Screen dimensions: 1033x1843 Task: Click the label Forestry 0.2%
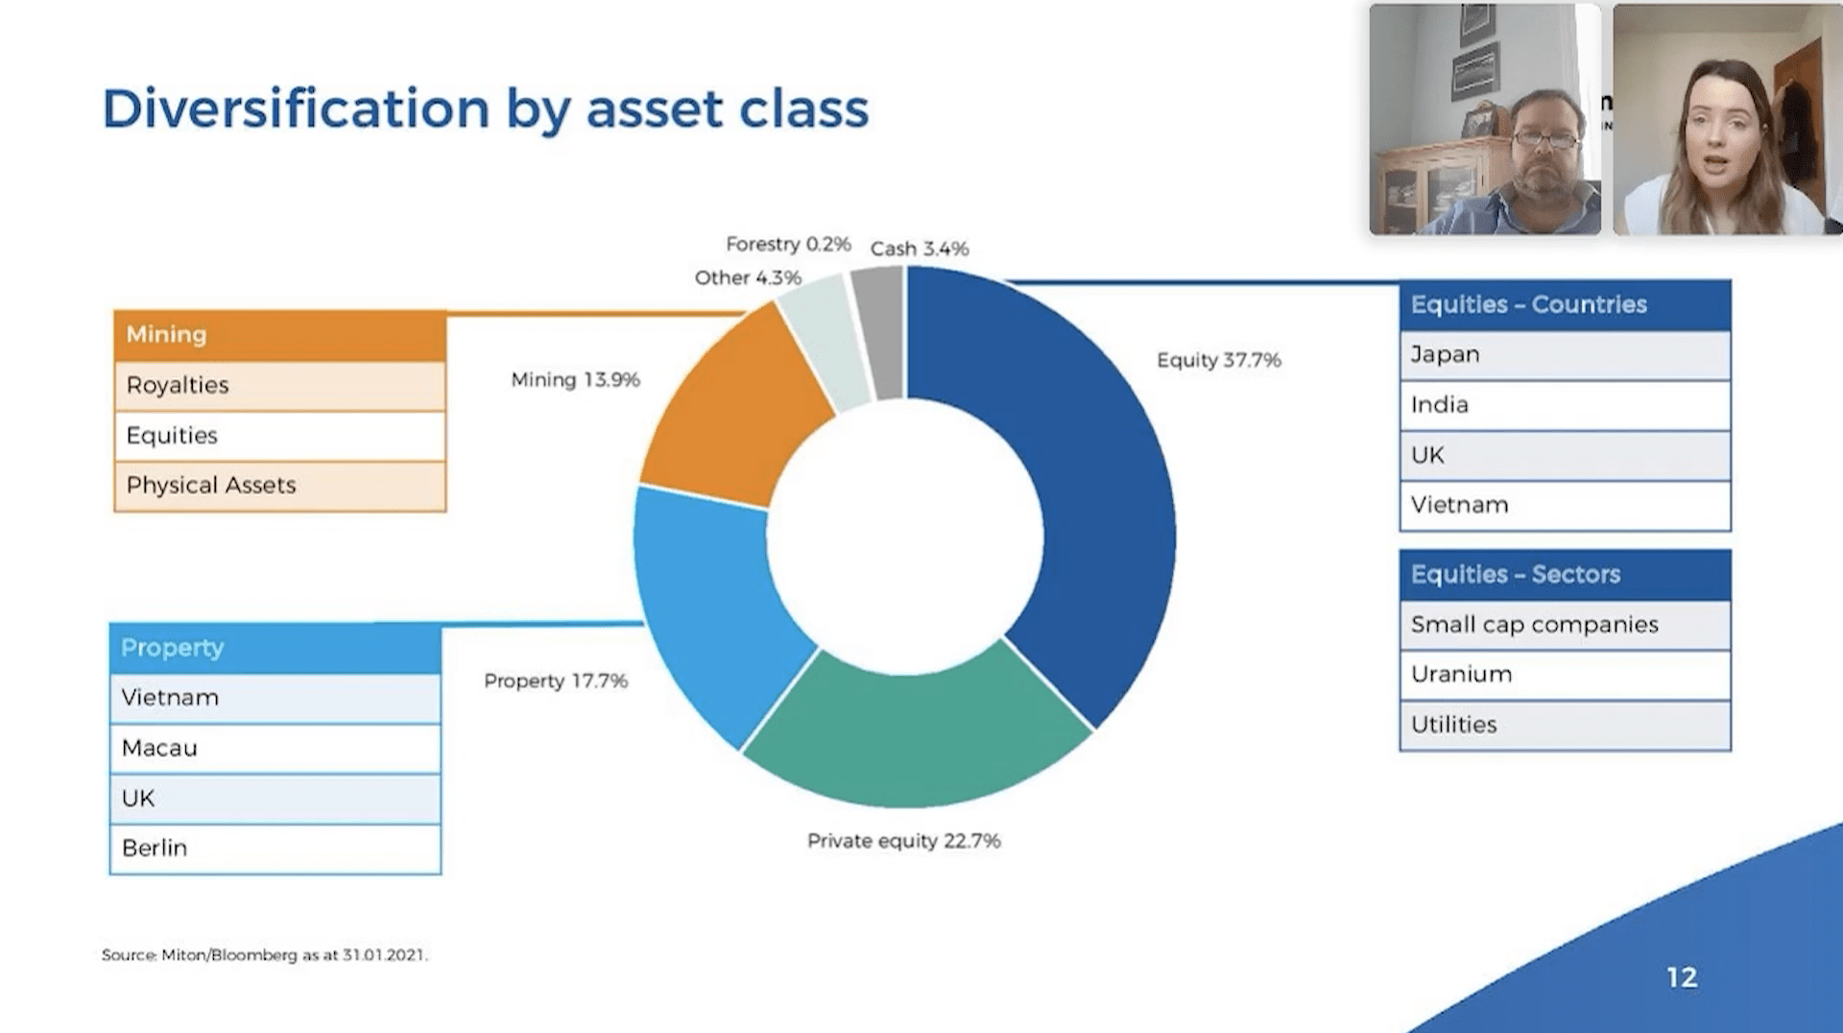788,244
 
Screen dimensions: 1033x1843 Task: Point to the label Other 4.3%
748,277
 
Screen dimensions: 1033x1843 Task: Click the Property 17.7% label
556,681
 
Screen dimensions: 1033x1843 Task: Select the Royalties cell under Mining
279,385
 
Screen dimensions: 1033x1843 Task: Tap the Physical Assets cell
279,486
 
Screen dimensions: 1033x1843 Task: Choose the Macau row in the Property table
275,748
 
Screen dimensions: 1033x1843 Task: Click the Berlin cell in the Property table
275,849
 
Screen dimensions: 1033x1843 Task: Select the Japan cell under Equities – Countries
1565,354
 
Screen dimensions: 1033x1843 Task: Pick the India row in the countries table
1565,405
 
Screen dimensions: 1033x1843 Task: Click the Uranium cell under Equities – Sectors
1565,675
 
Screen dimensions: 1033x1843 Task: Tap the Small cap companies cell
1565,625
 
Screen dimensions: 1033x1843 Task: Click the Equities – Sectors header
1565,574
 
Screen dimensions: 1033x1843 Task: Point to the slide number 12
1682,977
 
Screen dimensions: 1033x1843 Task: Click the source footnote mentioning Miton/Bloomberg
265,955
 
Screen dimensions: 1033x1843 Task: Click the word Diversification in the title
296,108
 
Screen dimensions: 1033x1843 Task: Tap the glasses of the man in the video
1544,140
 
